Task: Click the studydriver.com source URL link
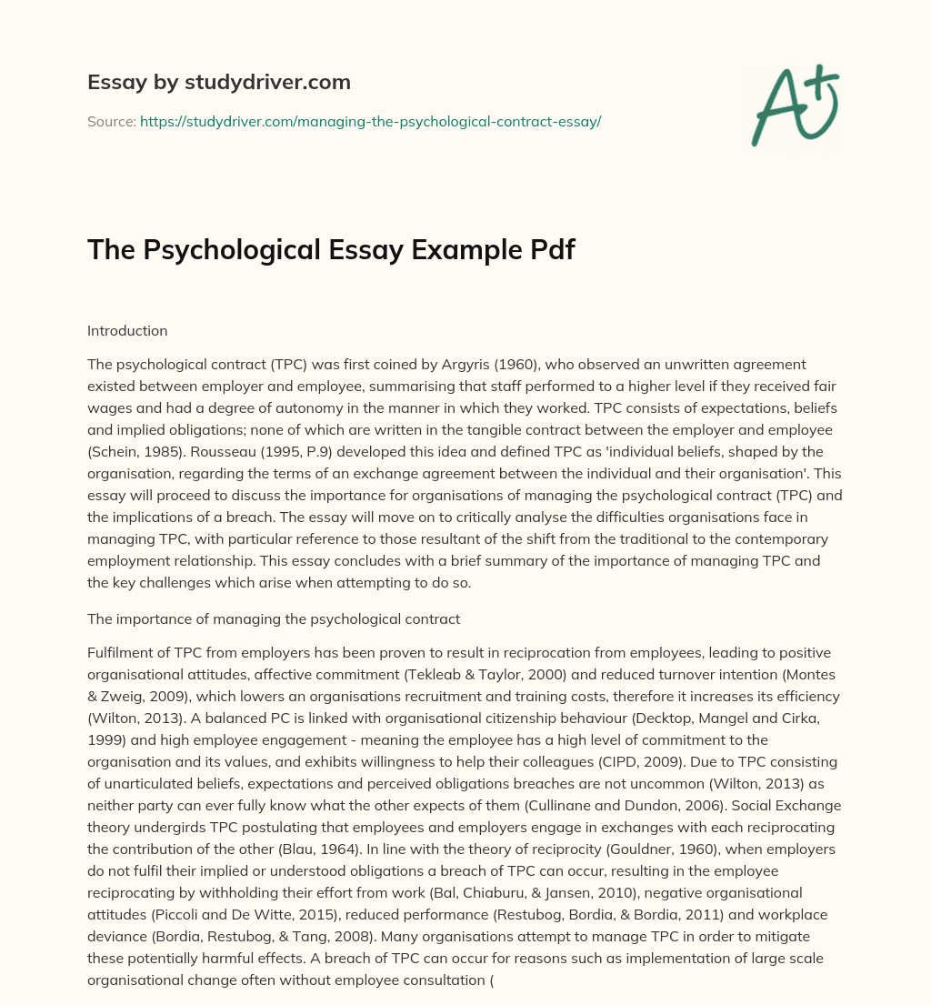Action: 370,121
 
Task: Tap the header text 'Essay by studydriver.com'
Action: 219,82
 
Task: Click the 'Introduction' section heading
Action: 127,331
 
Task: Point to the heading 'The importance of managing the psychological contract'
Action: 274,619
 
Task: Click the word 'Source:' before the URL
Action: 111,121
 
